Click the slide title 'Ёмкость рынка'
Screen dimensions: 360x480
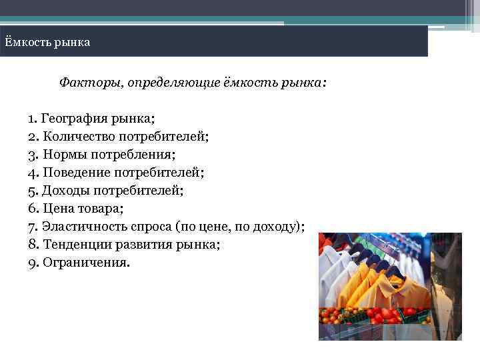[x=47, y=43]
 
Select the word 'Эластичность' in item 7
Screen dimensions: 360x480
[x=84, y=227]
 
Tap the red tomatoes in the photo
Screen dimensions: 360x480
[x=373, y=314]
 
